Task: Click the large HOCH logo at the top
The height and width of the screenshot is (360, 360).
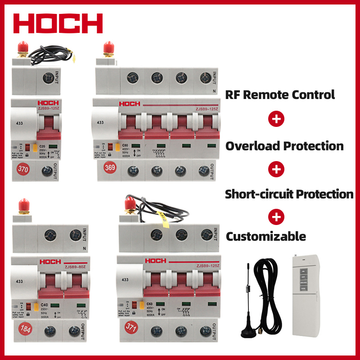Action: point(58,23)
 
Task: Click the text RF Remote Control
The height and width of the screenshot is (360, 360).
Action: point(280,94)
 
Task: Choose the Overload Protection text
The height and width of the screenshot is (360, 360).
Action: point(284,146)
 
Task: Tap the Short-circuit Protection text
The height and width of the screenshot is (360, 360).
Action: point(289,194)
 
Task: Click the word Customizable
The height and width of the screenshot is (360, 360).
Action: point(265,236)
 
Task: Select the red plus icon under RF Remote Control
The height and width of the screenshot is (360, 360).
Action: point(276,119)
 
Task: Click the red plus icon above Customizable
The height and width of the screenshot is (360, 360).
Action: point(276,217)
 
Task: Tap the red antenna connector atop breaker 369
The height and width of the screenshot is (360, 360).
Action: point(107,49)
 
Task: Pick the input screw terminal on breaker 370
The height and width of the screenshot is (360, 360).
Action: point(46,78)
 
